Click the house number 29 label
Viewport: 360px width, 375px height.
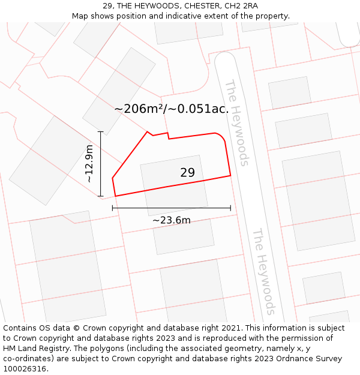click(187, 173)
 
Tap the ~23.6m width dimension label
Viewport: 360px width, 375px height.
click(172, 220)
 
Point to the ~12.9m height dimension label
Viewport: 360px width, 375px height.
click(89, 164)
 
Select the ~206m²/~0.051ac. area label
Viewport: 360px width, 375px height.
click(172, 109)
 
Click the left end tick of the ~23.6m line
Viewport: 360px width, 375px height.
click(113, 208)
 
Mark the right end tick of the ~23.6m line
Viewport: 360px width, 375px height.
click(230, 208)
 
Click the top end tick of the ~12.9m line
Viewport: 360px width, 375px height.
click(100, 132)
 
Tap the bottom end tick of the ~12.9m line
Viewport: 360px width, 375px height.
click(100, 196)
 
